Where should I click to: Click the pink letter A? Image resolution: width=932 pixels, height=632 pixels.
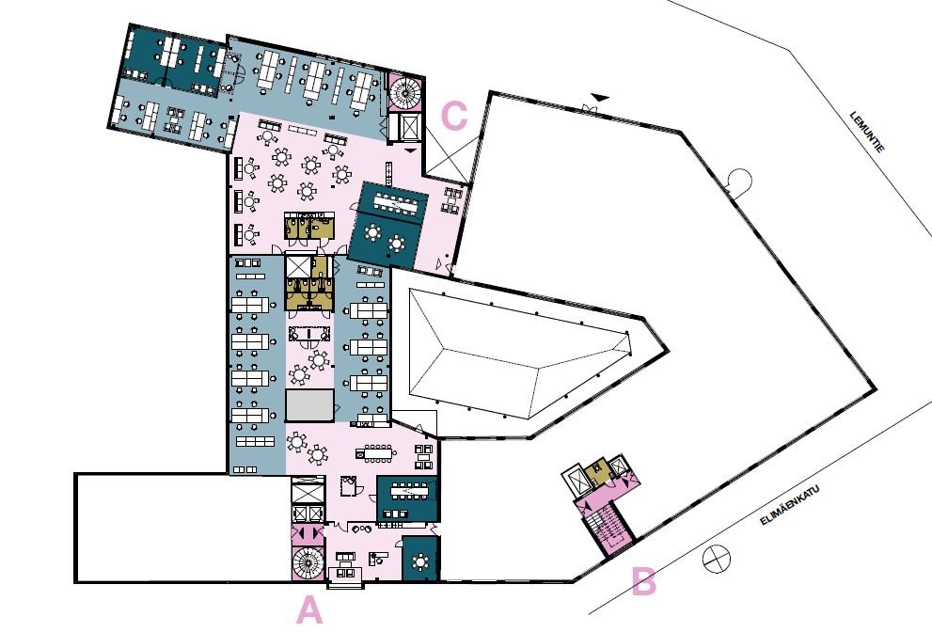point(309,610)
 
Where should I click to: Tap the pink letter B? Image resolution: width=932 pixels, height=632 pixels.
point(643,581)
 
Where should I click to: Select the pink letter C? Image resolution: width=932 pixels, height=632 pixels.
point(454,116)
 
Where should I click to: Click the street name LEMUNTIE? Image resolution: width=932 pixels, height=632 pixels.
point(867,132)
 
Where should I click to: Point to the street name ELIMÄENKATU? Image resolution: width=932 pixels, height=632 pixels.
point(790,505)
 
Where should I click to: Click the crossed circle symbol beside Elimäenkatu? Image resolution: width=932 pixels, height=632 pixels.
point(717,559)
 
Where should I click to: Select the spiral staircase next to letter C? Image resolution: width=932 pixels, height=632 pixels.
point(406,92)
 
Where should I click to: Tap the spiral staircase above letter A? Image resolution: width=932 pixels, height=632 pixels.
point(308,562)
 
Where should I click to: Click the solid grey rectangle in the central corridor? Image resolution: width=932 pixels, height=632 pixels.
point(309,406)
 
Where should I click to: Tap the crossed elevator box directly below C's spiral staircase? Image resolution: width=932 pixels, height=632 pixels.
point(410,127)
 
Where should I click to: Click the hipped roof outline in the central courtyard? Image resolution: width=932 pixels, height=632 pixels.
point(519,355)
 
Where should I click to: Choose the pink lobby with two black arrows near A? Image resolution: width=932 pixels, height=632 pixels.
point(308,533)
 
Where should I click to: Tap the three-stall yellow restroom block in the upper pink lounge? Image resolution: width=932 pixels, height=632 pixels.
point(309,226)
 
